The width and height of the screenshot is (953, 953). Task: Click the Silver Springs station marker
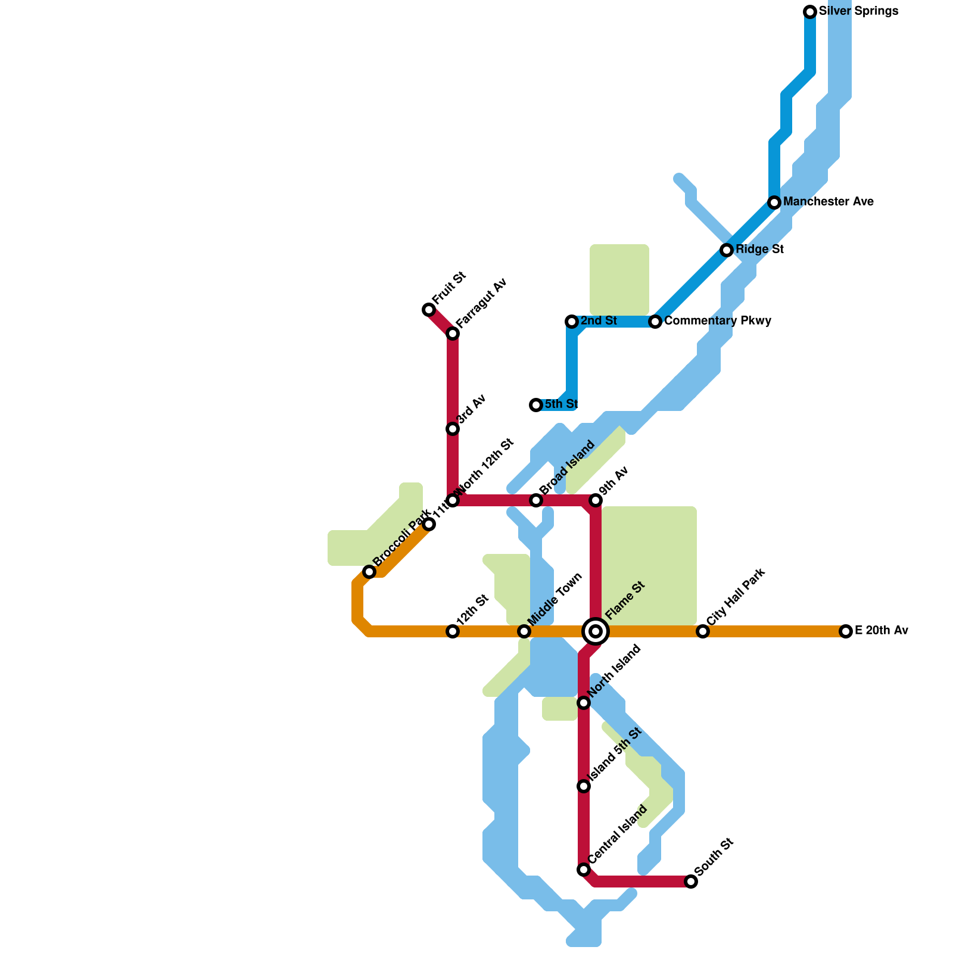tap(810, 12)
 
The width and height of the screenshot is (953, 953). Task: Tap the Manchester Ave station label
tap(828, 202)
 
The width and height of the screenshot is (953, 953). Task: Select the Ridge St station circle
tap(727, 250)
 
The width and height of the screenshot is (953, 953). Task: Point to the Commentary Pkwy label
tap(718, 321)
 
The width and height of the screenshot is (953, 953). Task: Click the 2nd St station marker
tap(572, 322)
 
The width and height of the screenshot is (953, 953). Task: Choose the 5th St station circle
tap(536, 405)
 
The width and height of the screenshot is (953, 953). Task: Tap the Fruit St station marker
tap(429, 310)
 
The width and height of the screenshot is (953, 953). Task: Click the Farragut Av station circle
tap(453, 334)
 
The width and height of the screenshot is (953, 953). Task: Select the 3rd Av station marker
tap(453, 429)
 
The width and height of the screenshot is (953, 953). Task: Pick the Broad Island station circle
tap(536, 500)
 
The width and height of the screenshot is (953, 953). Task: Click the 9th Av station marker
tap(596, 500)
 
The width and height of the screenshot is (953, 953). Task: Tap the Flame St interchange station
tap(596, 631)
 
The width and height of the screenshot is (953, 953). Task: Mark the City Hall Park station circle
tap(703, 631)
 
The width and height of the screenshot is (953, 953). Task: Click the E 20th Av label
tap(881, 631)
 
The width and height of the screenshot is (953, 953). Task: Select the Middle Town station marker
tap(524, 631)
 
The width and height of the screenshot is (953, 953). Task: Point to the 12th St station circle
tap(453, 631)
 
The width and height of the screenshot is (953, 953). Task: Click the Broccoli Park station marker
tap(369, 572)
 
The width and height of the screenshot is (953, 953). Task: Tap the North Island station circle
tap(584, 703)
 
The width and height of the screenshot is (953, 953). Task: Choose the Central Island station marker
tap(584, 870)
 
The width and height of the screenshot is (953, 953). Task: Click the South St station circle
tap(691, 882)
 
